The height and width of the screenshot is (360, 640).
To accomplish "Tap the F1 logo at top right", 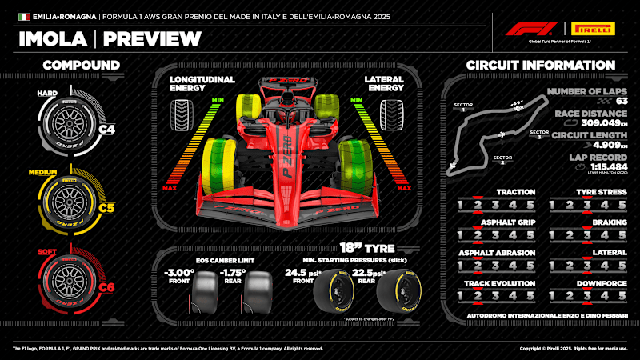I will pos(528,30).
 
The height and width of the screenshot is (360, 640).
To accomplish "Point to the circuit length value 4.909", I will pos(590,146).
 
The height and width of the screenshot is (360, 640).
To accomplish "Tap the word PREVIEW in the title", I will pos(152,38).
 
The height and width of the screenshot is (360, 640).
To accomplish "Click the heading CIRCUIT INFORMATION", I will pos(540,65).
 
